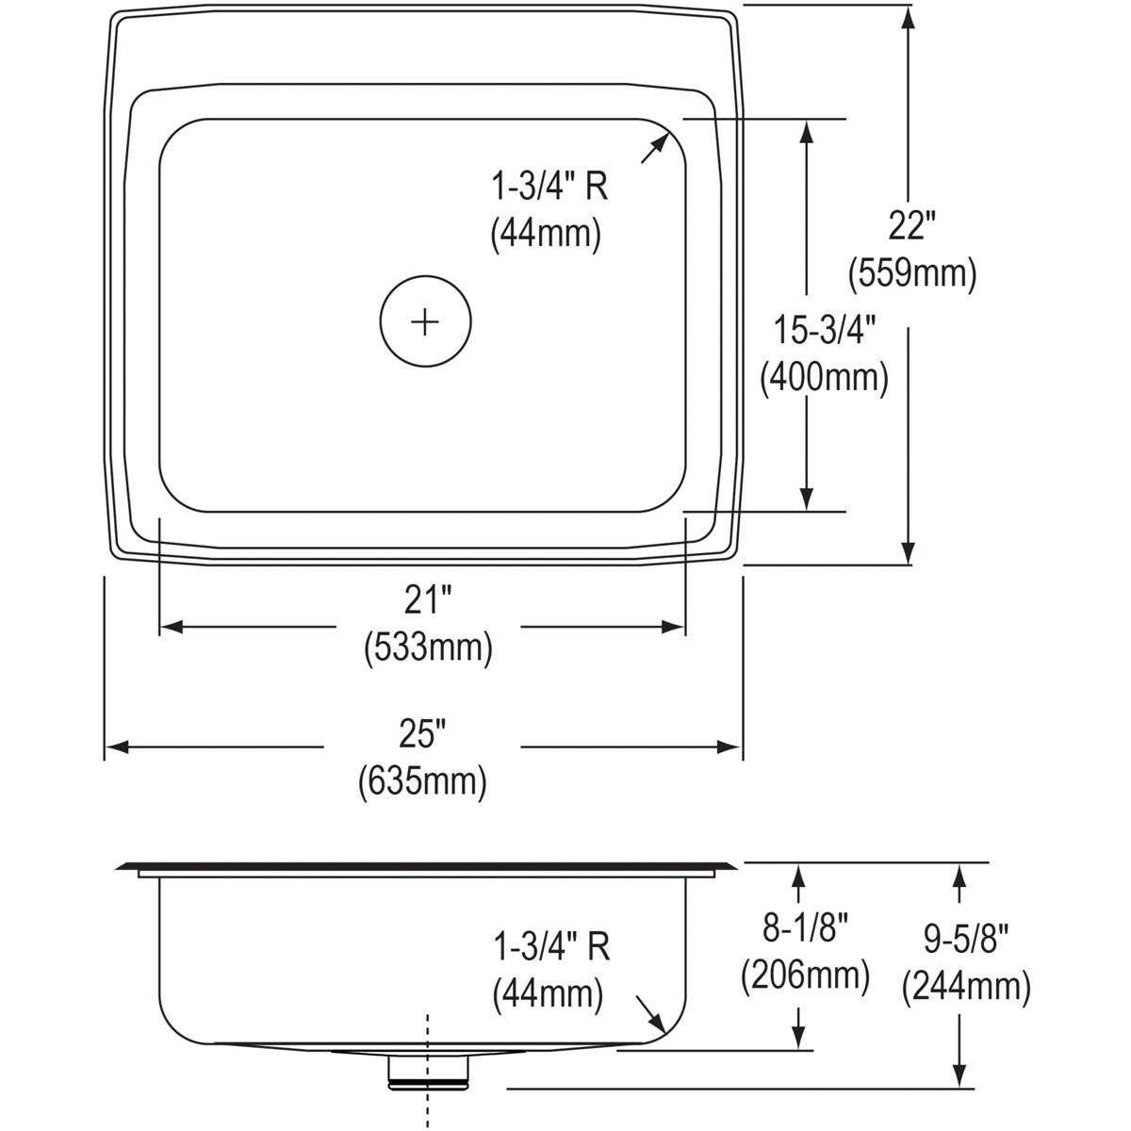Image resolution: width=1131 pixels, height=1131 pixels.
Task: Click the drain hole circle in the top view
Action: pos(425,321)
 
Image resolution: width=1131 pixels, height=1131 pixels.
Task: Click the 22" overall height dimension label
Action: pos(911,226)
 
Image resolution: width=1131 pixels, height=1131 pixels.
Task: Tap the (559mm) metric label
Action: pos(911,273)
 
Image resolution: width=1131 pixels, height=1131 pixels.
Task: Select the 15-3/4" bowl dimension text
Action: pos(825,331)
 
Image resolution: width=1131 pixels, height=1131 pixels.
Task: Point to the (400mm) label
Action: pos(825,378)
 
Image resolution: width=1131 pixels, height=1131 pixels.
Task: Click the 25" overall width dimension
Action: pos(422,733)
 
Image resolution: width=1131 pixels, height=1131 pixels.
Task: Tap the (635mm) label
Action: pos(422,781)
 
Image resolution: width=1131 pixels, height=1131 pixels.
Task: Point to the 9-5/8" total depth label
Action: pos(966,940)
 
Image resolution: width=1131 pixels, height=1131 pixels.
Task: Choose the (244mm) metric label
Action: pos(966,987)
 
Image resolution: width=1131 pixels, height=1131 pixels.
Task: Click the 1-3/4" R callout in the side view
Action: pos(550,946)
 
